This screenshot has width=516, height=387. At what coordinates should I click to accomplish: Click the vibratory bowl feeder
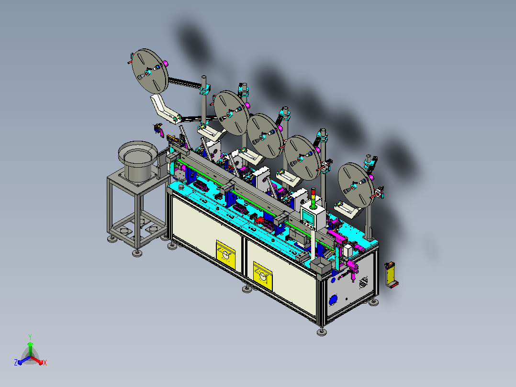137,161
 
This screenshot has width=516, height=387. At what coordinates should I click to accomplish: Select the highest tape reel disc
150,71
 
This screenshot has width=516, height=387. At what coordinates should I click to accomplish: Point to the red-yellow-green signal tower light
313,198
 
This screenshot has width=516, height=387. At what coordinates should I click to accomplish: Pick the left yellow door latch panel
226,255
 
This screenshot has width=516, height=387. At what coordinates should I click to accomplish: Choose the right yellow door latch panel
263,276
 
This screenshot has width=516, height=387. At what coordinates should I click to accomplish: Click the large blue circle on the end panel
333,300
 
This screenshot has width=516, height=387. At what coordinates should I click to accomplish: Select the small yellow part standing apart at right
392,275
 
